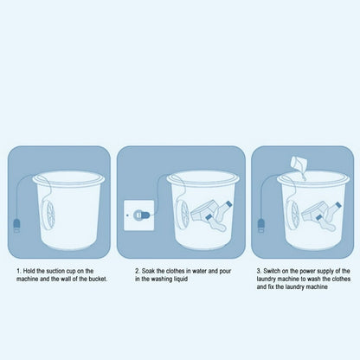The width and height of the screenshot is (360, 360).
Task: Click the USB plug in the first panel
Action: point(16,226)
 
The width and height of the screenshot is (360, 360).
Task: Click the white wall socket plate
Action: point(139,215)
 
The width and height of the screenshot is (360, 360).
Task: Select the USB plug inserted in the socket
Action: point(142,215)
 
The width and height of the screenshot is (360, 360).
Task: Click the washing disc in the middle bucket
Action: point(183,215)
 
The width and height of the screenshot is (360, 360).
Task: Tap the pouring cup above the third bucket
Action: point(299,164)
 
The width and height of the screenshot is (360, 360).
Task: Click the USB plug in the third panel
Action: point(261,225)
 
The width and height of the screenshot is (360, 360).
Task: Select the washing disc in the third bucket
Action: point(292,215)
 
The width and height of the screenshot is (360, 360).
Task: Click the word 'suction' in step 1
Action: point(55,271)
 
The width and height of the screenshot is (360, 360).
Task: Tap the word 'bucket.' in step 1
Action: point(98,279)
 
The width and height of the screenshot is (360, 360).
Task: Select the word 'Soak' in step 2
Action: point(148,271)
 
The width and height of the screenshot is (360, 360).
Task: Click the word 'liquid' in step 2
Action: point(180,279)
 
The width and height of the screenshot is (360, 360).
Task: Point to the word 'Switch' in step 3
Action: point(272,271)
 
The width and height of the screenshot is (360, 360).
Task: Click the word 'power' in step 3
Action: point(307,272)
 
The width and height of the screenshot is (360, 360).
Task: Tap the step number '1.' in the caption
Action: point(19,271)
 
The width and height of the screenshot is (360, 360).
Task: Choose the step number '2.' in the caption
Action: point(138,271)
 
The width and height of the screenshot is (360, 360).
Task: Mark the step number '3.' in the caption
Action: point(259,271)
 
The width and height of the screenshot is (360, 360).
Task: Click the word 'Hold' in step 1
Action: point(29,271)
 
